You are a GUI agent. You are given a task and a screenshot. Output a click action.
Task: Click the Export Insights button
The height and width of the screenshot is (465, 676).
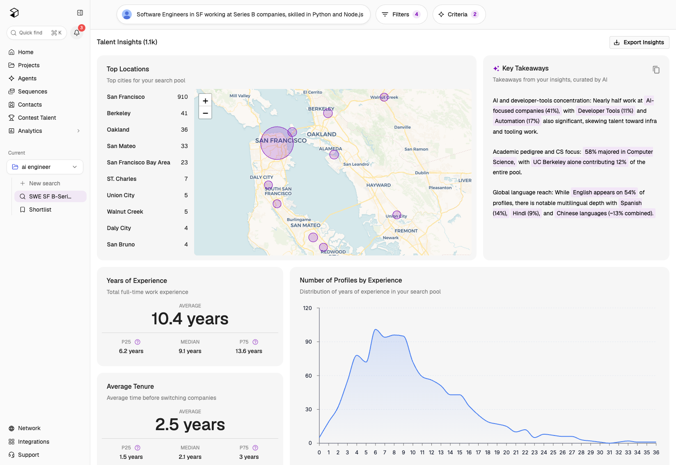[x=639, y=42]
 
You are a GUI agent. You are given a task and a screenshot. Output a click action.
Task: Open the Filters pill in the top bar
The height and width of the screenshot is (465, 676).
[x=401, y=14]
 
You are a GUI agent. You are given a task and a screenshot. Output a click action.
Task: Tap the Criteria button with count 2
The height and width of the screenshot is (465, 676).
[x=459, y=14]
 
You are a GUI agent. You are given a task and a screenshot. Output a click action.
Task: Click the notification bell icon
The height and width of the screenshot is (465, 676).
[x=77, y=32]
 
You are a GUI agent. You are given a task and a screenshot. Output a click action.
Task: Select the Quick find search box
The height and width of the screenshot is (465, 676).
[x=37, y=32]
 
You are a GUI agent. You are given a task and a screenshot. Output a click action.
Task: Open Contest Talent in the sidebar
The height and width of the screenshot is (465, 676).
[x=37, y=118]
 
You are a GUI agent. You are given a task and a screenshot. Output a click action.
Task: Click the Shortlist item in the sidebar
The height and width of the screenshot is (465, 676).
[x=40, y=210]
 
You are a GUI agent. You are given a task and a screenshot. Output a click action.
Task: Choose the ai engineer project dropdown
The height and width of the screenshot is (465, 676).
[x=45, y=167]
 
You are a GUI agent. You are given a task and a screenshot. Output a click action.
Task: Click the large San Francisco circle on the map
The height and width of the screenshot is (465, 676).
[x=277, y=143]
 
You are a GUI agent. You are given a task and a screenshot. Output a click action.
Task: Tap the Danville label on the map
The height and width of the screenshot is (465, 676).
[x=402, y=127]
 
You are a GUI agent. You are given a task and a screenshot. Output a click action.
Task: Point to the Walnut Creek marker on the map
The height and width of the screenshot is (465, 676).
[x=384, y=97]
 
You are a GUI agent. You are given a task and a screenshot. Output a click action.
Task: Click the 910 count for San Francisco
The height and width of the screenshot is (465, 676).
[x=182, y=97]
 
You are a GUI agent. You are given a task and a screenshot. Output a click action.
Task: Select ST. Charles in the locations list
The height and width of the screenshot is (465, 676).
[x=121, y=179]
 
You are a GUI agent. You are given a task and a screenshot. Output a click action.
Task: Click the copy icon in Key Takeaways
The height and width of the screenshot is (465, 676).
[x=656, y=70]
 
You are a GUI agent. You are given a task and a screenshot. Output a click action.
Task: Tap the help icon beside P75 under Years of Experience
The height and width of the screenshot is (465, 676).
[x=255, y=342]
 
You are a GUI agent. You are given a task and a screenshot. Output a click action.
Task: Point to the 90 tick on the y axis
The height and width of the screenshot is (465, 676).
[x=308, y=342]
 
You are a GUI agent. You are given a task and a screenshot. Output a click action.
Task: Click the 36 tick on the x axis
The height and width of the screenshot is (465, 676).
[x=656, y=452]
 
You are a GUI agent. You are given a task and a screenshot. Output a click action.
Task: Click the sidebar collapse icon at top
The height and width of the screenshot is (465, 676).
[x=80, y=13]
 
